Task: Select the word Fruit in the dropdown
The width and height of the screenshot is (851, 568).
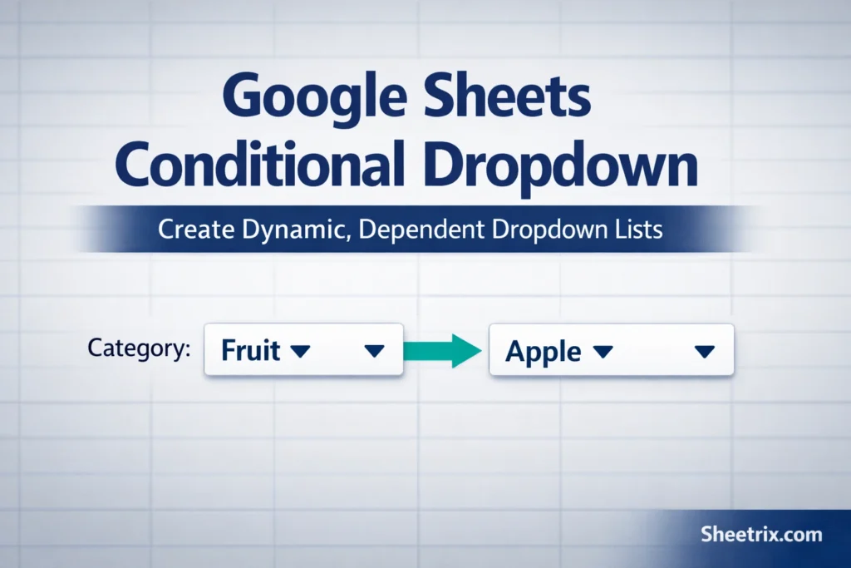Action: tap(250, 350)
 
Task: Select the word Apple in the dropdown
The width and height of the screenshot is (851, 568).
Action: tap(544, 352)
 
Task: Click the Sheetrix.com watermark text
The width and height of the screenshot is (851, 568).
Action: tap(760, 533)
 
